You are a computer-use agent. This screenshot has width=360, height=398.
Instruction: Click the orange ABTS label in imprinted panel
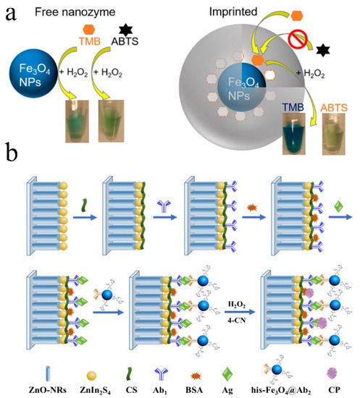pos(338,106)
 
